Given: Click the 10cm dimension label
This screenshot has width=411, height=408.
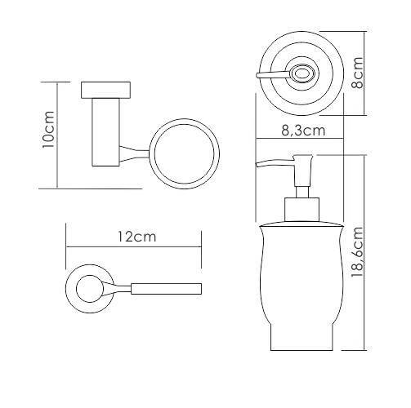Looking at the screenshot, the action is (49, 129).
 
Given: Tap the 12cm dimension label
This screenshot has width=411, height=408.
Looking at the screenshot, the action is (137, 237).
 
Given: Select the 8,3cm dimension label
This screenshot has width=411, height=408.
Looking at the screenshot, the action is (303, 131).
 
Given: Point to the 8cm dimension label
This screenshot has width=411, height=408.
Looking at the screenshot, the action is (357, 73).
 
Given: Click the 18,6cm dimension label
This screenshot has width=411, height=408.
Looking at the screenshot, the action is (357, 252).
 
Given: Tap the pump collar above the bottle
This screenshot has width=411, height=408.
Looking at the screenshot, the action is (302, 210).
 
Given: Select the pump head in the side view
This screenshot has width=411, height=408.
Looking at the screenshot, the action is (302, 171).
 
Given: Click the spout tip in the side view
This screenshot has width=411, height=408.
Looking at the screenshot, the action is (257, 164).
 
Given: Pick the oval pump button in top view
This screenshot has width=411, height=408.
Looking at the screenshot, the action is (302, 73).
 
